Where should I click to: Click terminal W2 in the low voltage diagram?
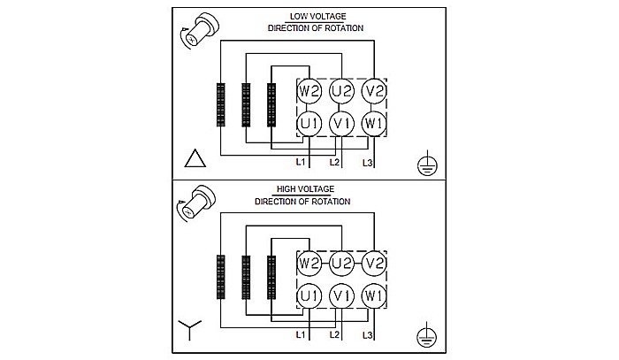click(x=309, y=91)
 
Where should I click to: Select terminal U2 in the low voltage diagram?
click(x=341, y=91)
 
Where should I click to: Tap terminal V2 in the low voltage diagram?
click(x=375, y=91)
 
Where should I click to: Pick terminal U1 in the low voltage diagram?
click(x=309, y=123)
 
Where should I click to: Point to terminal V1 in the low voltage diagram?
click(x=341, y=123)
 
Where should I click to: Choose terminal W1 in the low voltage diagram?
click(x=375, y=123)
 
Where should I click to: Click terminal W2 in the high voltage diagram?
click(x=309, y=264)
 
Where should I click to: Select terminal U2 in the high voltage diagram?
click(x=341, y=264)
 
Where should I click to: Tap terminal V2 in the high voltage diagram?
click(x=375, y=264)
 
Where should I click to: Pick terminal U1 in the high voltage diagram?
click(x=309, y=295)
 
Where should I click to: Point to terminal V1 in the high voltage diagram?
click(x=341, y=295)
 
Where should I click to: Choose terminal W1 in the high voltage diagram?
click(x=375, y=295)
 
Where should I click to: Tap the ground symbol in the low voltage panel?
click(x=426, y=162)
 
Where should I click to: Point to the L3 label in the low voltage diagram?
click(x=368, y=164)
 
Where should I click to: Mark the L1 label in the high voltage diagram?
click(x=301, y=336)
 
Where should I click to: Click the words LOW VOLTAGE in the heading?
click(x=315, y=17)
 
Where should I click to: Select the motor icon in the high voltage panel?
click(x=200, y=203)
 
